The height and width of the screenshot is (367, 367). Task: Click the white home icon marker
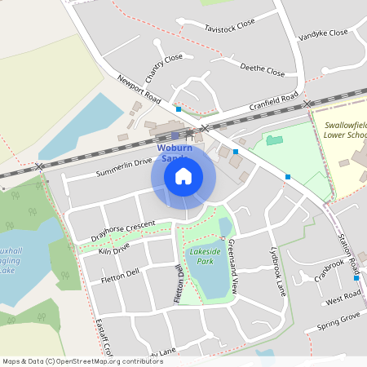(x=183, y=175)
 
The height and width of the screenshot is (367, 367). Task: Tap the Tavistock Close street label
(x=229, y=29)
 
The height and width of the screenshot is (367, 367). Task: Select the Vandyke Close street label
(x=323, y=33)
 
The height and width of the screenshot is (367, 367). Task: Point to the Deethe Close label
(x=263, y=71)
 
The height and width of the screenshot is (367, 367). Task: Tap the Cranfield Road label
(x=274, y=101)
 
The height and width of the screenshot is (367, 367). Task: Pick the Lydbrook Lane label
(x=278, y=268)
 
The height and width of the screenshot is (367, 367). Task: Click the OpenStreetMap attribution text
(x=82, y=360)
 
